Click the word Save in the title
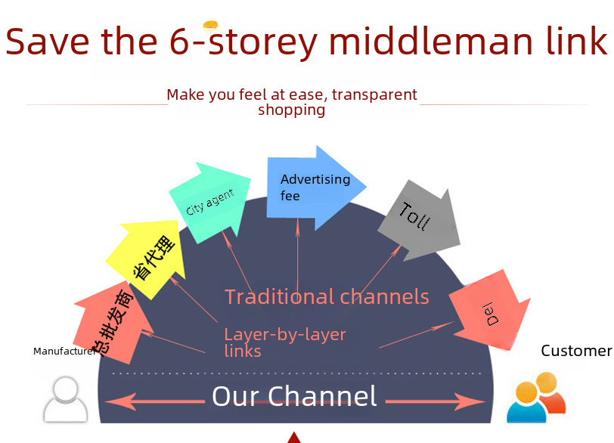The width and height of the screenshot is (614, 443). tap(48, 41)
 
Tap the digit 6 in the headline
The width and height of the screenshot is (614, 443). tap(180, 41)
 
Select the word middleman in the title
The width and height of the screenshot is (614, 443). tap(431, 40)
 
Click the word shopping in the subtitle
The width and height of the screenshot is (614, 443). tap(291, 110)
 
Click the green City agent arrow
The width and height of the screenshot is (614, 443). tap(210, 203)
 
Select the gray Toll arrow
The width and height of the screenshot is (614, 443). tap(420, 220)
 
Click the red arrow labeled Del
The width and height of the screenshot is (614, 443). tap(492, 311)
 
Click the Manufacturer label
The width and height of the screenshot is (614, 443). tap(64, 351)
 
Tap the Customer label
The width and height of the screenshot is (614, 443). tap(576, 351)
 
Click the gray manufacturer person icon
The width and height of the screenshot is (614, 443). tap(65, 400)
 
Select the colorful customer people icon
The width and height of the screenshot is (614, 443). tap(536, 398)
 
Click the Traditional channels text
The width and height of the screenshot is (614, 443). tap(327, 296)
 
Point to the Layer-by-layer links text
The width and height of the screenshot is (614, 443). tap(285, 342)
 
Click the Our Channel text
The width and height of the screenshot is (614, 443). tap(294, 396)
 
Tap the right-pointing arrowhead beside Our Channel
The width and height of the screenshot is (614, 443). tap(470, 401)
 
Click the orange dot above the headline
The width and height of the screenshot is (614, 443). tap(211, 25)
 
